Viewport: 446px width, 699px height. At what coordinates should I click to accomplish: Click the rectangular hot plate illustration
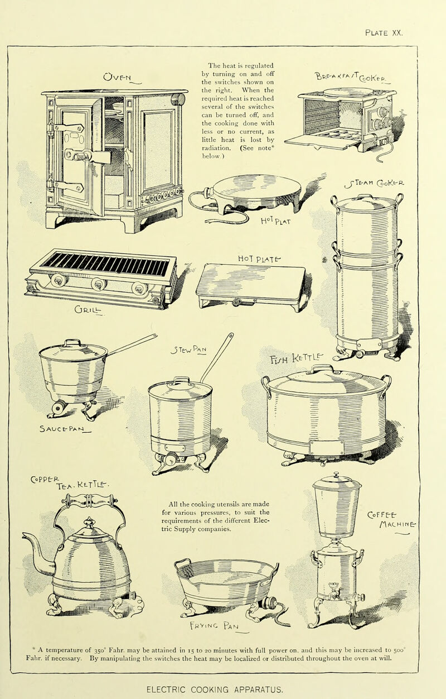pos(252,284)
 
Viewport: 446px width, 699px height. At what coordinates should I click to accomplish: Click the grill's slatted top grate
pos(105,264)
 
